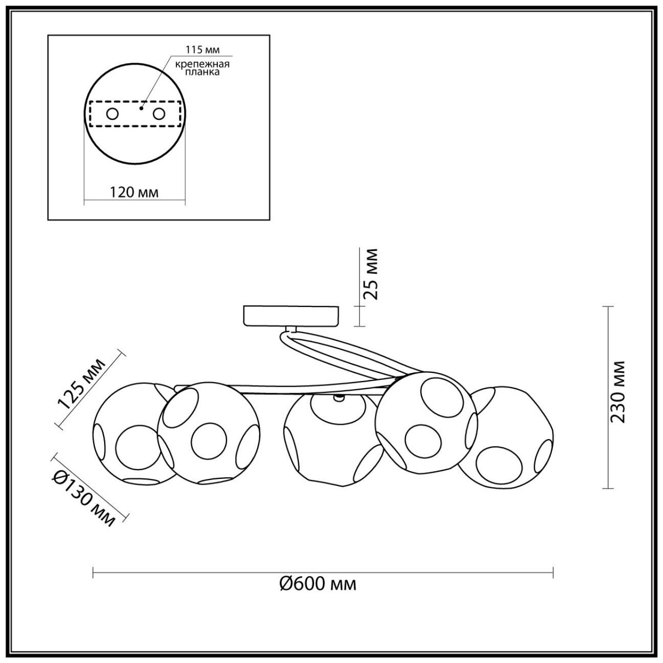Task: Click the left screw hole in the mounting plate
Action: (112, 114)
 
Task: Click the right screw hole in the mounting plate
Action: (160, 114)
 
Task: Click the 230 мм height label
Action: (619, 391)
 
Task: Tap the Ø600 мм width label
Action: (318, 584)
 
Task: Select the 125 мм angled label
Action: (82, 383)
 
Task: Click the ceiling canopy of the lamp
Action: (291, 315)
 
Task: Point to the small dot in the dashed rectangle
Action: (142, 108)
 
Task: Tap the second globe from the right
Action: (426, 421)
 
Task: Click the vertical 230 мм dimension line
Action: (606, 398)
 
